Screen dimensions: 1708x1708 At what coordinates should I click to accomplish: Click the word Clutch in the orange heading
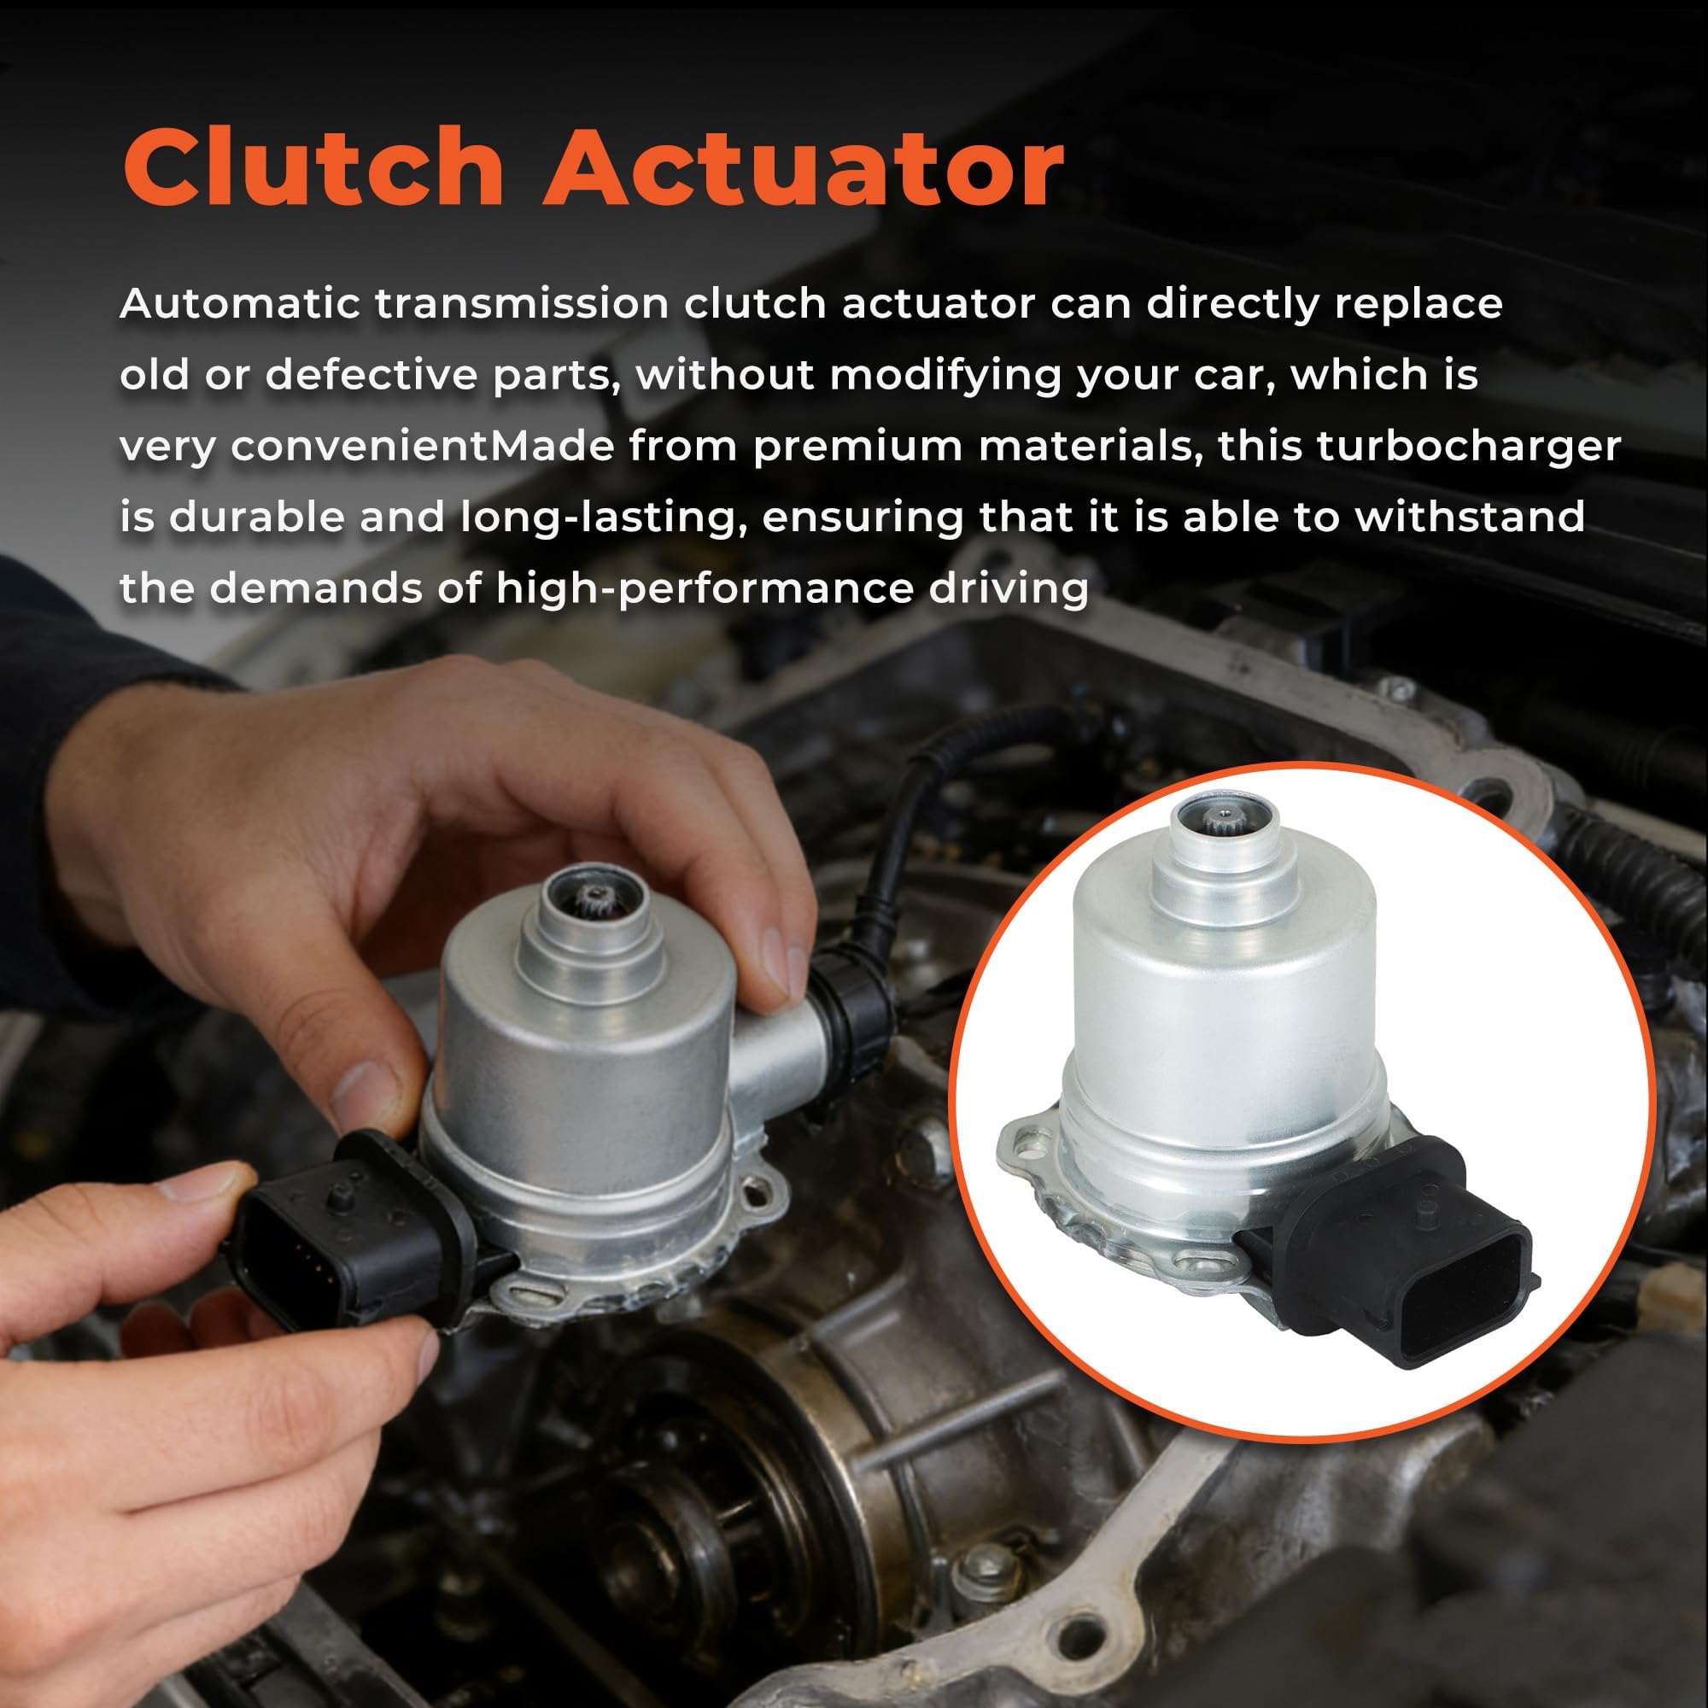(x=313, y=167)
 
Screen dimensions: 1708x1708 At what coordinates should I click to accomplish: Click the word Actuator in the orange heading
(x=805, y=168)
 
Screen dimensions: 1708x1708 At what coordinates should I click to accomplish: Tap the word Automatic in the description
(x=240, y=304)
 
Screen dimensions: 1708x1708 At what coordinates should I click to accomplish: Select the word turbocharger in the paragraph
(x=1468, y=447)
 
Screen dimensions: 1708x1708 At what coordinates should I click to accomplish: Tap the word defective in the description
(x=371, y=376)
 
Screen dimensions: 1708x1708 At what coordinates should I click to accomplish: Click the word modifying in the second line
(x=946, y=377)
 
